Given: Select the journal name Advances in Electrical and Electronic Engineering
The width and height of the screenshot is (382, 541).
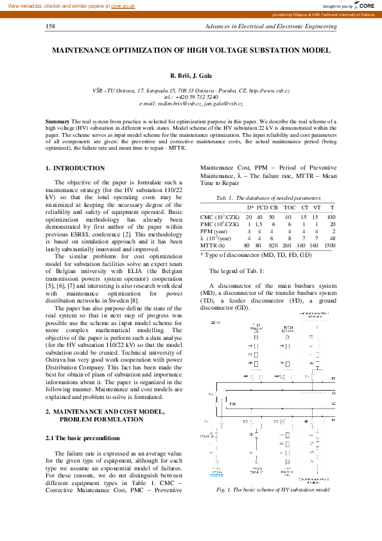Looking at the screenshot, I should click(x=270, y=26).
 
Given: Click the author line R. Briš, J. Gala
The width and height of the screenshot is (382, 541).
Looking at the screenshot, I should click(x=191, y=76).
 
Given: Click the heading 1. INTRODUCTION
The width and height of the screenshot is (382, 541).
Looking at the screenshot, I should click(x=75, y=168).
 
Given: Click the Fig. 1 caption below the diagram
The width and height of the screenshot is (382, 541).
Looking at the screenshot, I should click(x=273, y=490).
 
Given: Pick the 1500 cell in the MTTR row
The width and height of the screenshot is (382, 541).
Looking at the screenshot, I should click(x=330, y=245).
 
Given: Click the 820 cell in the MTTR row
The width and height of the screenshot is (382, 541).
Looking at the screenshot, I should click(x=273, y=245).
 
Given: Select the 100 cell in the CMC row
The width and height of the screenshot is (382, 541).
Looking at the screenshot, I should click(x=331, y=217).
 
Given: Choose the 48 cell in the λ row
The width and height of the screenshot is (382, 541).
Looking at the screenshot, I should click(x=333, y=238).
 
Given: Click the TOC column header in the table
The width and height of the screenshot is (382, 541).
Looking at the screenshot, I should click(x=290, y=208).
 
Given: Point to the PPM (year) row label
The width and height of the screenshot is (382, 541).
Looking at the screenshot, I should click(x=215, y=231).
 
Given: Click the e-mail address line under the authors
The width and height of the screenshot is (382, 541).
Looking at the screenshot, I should click(x=191, y=103).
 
